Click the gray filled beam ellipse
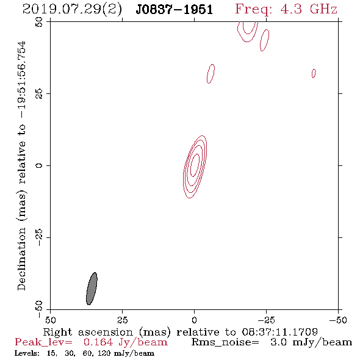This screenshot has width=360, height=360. point(92,289)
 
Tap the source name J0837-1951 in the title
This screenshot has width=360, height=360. point(175,10)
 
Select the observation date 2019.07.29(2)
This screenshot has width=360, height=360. point(72,10)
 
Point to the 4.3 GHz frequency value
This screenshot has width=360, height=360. point(309,9)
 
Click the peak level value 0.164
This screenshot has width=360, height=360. point(98,342)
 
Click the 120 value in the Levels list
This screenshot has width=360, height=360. point(104,353)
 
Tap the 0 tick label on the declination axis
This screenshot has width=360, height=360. point(39,165)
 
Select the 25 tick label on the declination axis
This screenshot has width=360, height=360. point(39,94)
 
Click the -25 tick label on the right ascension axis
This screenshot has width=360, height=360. point(266,320)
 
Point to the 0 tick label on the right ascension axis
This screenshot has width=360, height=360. point(194,320)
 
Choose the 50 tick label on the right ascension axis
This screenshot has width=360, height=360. point(50,320)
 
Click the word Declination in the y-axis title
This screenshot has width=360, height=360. point(21,259)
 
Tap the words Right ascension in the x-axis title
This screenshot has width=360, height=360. point(88,332)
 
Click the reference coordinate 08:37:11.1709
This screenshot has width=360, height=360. point(279,332)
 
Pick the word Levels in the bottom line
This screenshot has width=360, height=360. point(27,353)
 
